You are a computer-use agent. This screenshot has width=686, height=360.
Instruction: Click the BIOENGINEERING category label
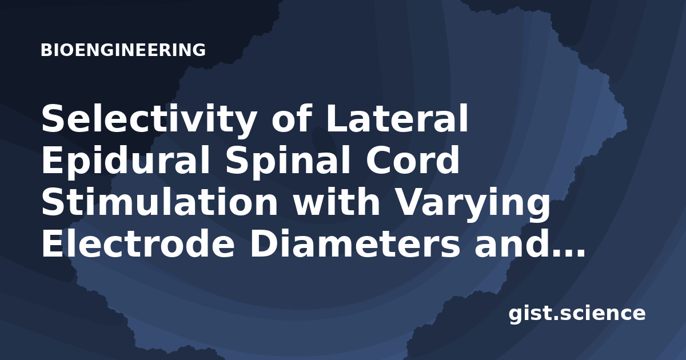tap(123, 50)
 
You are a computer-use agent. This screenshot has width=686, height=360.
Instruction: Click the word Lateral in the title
tap(397, 118)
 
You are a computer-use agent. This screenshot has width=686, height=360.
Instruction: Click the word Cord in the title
tap(413, 160)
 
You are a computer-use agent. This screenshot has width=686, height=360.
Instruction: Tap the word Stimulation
tap(159, 201)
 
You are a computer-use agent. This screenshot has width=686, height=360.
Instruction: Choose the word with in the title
tap(336, 201)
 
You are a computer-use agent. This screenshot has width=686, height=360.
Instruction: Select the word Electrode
tap(138, 242)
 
